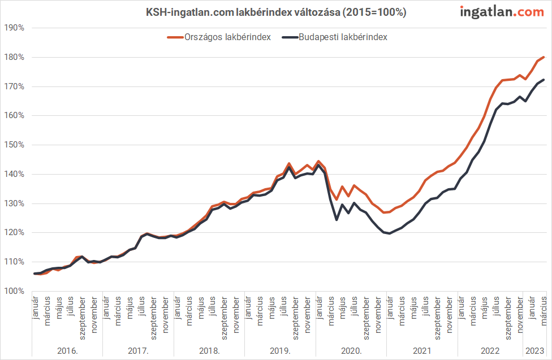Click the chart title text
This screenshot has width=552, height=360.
[x=276, y=12]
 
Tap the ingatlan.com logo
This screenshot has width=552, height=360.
[x=501, y=11]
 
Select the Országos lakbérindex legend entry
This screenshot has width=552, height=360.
[x=219, y=37]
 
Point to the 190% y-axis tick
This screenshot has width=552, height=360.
[x=14, y=28]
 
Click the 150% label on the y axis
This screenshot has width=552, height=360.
[x=14, y=145]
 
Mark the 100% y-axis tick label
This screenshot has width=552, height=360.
[x=14, y=291]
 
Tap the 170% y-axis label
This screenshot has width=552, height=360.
[x=14, y=86]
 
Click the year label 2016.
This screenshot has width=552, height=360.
[x=67, y=350]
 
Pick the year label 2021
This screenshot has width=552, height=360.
[x=422, y=350]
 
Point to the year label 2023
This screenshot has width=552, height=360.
[x=534, y=350]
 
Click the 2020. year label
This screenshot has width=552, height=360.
[x=351, y=350]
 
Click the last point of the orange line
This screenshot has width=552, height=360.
[x=544, y=57]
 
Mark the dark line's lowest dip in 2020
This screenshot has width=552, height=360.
[x=337, y=219]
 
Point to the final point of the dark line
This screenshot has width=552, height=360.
[x=544, y=80]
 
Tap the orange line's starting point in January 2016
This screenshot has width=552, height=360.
[x=35, y=274]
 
